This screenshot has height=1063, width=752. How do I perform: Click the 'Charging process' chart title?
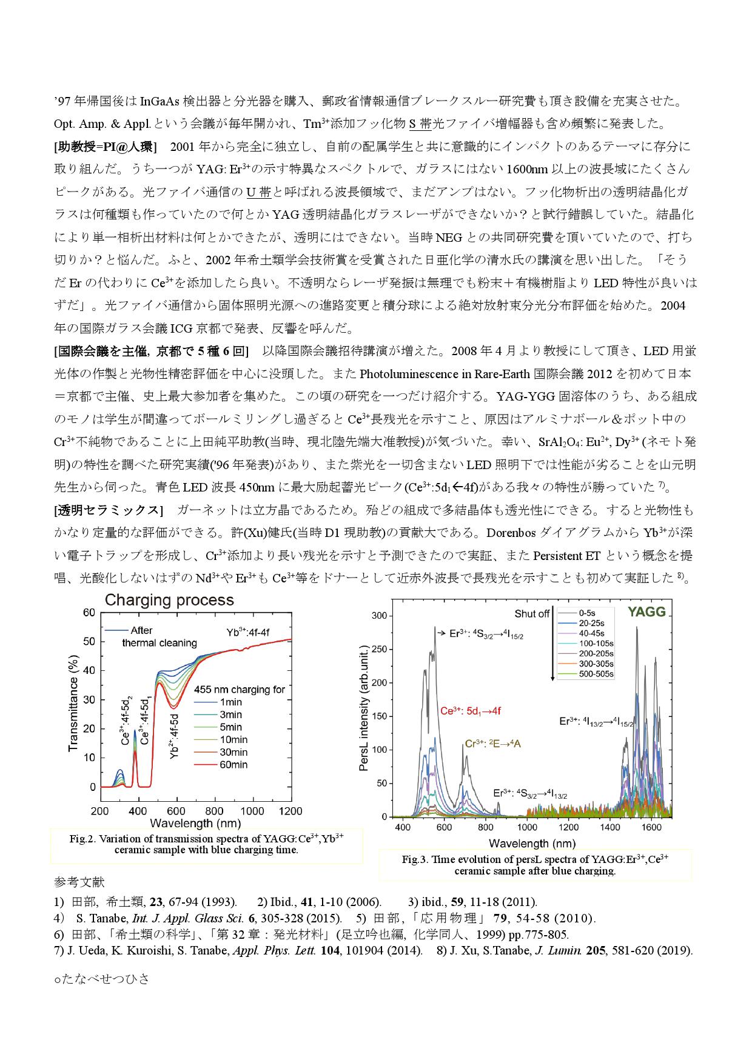click(169, 601)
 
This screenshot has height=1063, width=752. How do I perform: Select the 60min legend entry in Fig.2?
click(233, 765)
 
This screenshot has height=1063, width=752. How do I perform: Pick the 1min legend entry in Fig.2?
click(231, 702)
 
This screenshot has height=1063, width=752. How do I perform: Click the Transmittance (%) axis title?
click(73, 703)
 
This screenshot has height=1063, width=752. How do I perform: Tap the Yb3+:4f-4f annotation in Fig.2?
click(248, 633)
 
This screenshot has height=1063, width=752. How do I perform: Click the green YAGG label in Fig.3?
click(646, 612)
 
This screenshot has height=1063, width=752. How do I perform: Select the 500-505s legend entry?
click(596, 674)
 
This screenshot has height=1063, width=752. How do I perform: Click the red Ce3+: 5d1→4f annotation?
click(471, 711)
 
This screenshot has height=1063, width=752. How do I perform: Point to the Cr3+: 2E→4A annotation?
click(492, 744)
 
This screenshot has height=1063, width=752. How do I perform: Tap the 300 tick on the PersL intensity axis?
click(379, 616)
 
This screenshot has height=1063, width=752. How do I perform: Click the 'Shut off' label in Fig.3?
click(532, 614)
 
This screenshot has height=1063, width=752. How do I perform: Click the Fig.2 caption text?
click(207, 844)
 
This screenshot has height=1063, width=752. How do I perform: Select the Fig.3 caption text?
click(535, 865)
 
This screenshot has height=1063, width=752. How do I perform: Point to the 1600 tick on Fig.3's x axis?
click(651, 827)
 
